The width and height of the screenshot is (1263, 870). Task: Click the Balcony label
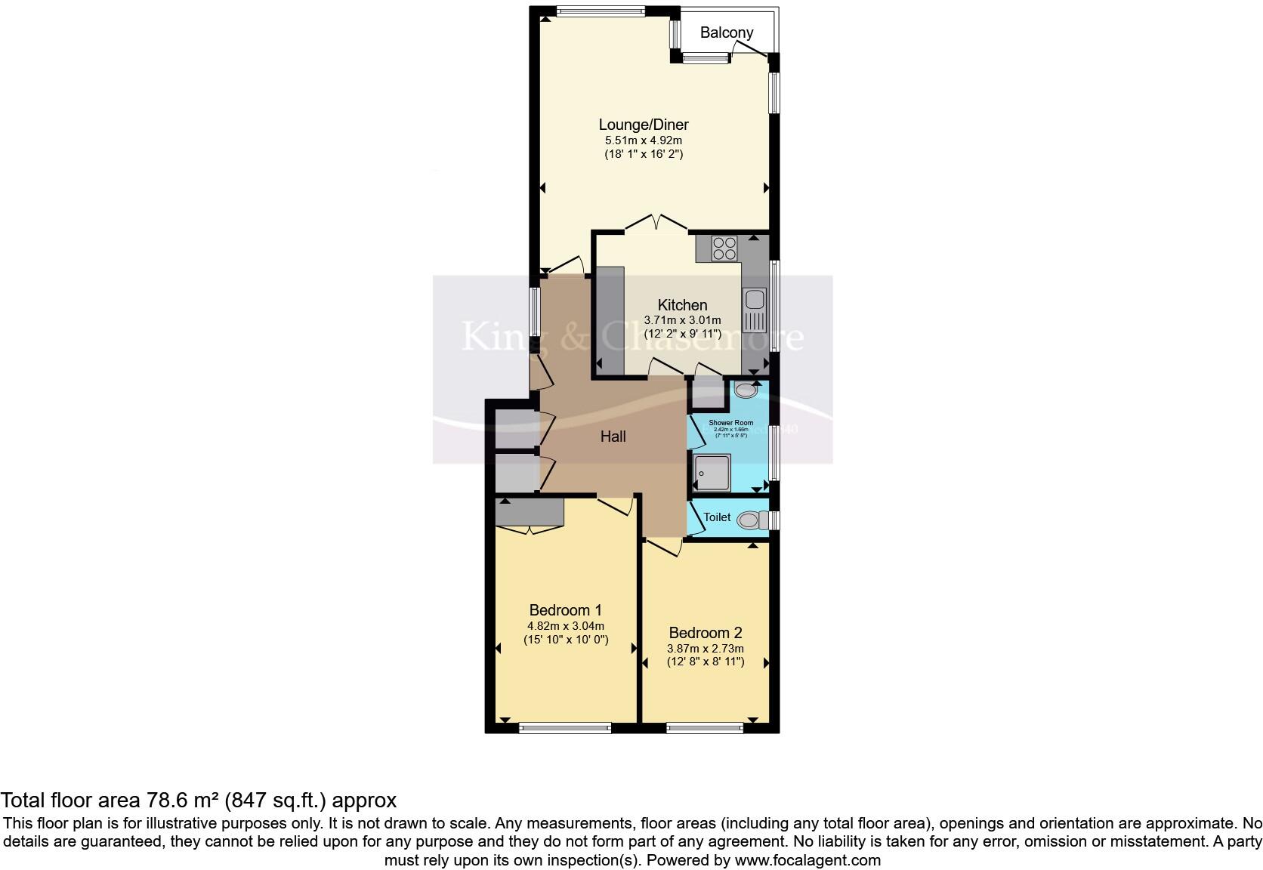(726, 32)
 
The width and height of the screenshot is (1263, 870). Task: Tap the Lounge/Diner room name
(644, 125)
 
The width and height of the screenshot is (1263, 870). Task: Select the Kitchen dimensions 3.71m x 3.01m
(682, 320)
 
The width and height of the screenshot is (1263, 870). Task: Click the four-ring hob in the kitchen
(724, 248)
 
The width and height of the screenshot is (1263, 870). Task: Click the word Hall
(613, 437)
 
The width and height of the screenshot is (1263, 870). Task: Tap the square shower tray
(712, 474)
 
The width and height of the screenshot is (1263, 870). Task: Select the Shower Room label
(730, 423)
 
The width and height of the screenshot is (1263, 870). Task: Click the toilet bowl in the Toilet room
(749, 520)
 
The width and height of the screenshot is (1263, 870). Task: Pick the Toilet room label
(717, 517)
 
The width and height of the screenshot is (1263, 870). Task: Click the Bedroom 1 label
(565, 610)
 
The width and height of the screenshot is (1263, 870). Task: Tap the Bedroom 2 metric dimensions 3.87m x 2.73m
(706, 649)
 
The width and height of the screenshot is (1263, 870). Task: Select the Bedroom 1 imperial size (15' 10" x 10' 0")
(566, 640)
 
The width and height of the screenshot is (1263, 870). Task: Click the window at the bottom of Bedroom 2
(705, 728)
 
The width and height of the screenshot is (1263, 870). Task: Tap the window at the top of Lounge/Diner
(601, 11)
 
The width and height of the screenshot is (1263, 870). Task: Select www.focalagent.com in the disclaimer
(807, 860)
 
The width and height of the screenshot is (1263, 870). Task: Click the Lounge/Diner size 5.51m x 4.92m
(644, 140)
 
